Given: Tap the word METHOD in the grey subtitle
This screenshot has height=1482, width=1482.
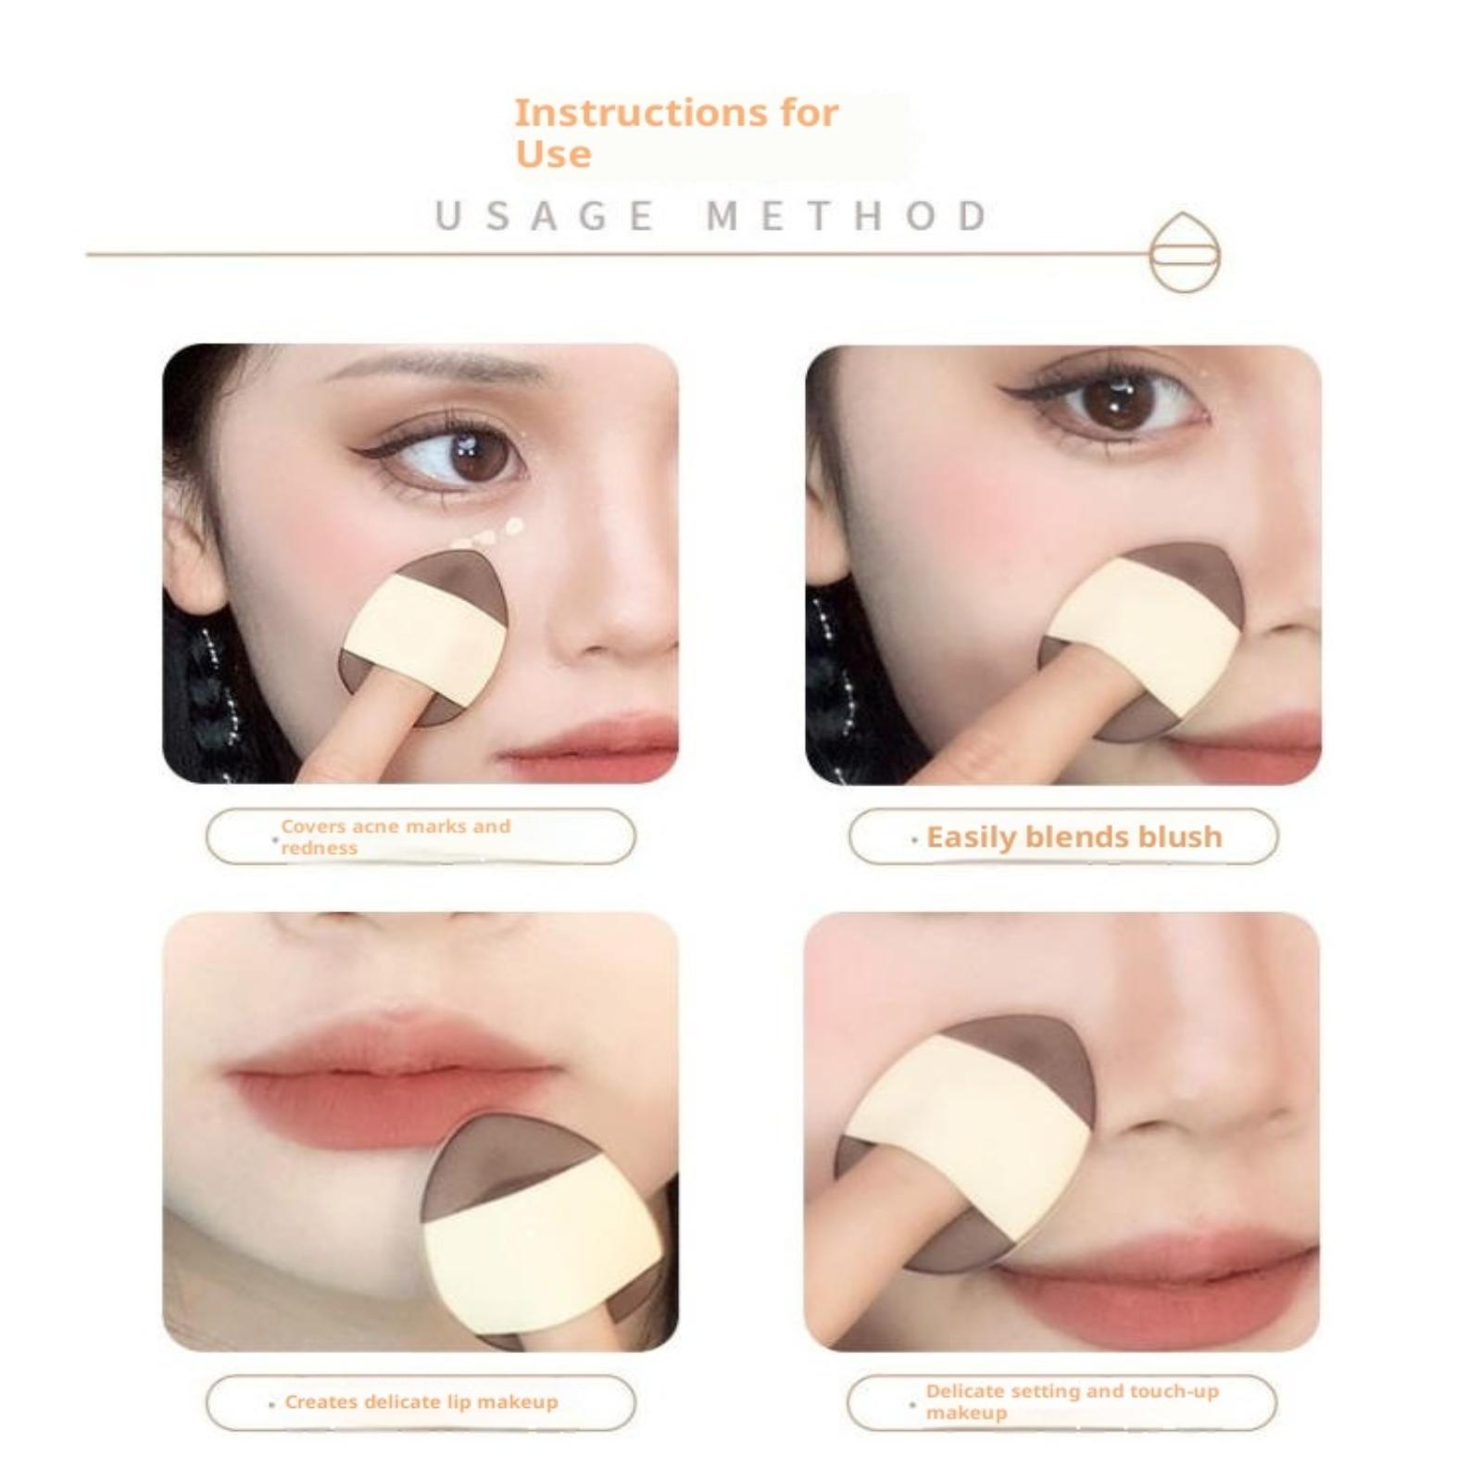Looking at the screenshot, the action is click(848, 216).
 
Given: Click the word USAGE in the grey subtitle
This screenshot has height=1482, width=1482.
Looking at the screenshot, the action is click(545, 216).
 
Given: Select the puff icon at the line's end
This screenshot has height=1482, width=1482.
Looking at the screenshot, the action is click(1185, 252).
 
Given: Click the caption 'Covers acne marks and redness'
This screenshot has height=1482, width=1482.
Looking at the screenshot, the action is click(396, 836).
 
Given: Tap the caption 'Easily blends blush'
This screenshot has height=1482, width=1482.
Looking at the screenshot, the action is click(1074, 837).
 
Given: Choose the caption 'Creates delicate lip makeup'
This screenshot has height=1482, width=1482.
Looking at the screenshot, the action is click(421, 1401).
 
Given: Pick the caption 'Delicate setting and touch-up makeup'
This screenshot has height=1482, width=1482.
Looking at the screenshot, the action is click(1072, 1401).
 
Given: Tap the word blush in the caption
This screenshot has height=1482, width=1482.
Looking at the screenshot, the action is click(1180, 837).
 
